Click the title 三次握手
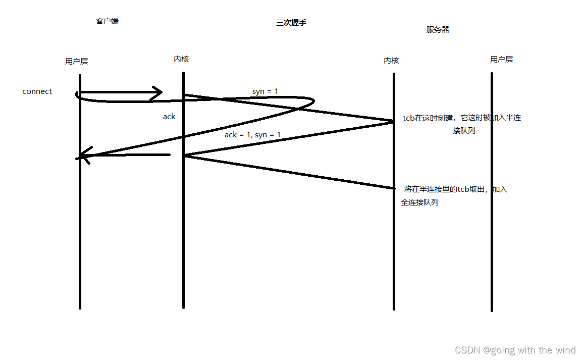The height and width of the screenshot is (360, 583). click(291, 23)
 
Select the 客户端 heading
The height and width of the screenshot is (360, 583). click(107, 21)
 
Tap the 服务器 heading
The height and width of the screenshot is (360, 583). click(438, 29)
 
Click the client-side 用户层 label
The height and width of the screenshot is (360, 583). click(76, 61)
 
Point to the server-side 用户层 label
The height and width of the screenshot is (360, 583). click(501, 59)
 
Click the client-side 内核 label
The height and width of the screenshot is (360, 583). click(181, 59)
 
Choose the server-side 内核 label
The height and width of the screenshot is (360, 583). click(391, 60)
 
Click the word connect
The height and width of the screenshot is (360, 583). click(37, 91)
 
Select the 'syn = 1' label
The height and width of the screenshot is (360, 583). click(265, 91)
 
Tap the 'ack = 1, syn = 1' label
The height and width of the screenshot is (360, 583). click(252, 135)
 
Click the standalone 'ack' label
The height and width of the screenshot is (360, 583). click(169, 117)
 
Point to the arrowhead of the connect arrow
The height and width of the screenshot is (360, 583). click(157, 93)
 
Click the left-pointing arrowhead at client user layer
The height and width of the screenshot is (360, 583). click(84, 156)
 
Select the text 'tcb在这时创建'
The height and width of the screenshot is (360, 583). click(429, 118)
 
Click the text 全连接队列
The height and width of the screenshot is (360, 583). click(419, 202)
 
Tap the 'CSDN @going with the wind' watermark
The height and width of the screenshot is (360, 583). click(515, 350)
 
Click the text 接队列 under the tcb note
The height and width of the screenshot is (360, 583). click(464, 130)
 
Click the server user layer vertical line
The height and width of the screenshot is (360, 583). click(492, 202)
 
